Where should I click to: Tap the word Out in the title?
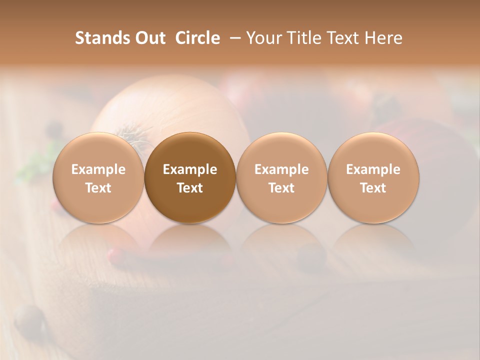click(150, 38)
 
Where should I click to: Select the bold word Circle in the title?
click(197, 38)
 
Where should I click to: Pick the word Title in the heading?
click(302, 38)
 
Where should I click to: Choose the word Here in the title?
click(383, 38)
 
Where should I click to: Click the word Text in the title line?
click(343, 38)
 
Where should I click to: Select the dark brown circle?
click(190, 178)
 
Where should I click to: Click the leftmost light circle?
click(98, 178)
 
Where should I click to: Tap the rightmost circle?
click(373, 178)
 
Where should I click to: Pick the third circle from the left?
click(281, 178)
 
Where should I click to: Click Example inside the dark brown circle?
click(190, 169)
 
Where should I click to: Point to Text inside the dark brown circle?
click(190, 188)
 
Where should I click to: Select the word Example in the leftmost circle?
click(98, 169)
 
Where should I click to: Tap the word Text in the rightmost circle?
click(373, 188)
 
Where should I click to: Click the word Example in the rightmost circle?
click(373, 169)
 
